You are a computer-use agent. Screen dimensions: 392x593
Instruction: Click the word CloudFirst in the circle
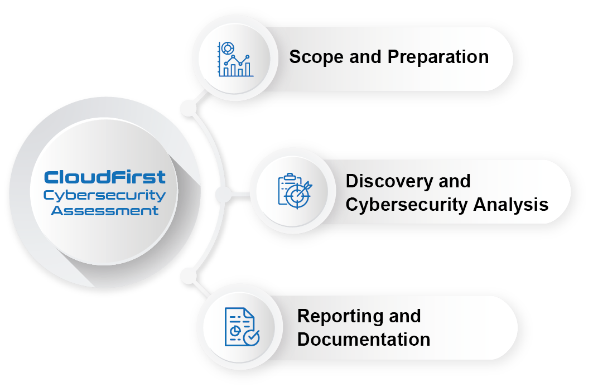click(x=105, y=177)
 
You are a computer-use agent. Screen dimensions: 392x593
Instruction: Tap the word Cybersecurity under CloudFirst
click(x=105, y=195)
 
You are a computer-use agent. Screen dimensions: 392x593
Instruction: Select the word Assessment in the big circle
click(x=105, y=211)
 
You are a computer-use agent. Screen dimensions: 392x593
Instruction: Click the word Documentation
click(x=364, y=340)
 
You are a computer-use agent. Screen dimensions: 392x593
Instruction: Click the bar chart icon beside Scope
click(x=235, y=59)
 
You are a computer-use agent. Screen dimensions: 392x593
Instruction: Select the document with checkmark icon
click(x=242, y=327)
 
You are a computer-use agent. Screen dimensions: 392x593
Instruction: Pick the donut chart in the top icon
click(x=227, y=49)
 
